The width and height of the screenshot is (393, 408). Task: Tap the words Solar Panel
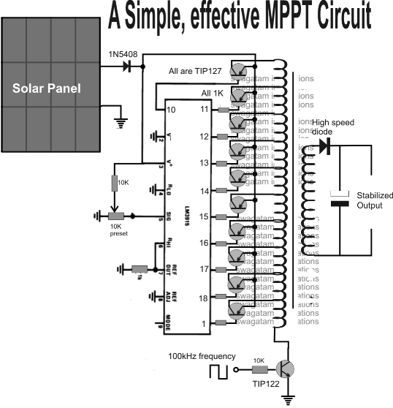click(49, 88)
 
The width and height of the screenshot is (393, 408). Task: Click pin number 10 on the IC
click(170, 109)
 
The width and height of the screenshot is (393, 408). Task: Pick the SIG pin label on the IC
click(170, 217)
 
